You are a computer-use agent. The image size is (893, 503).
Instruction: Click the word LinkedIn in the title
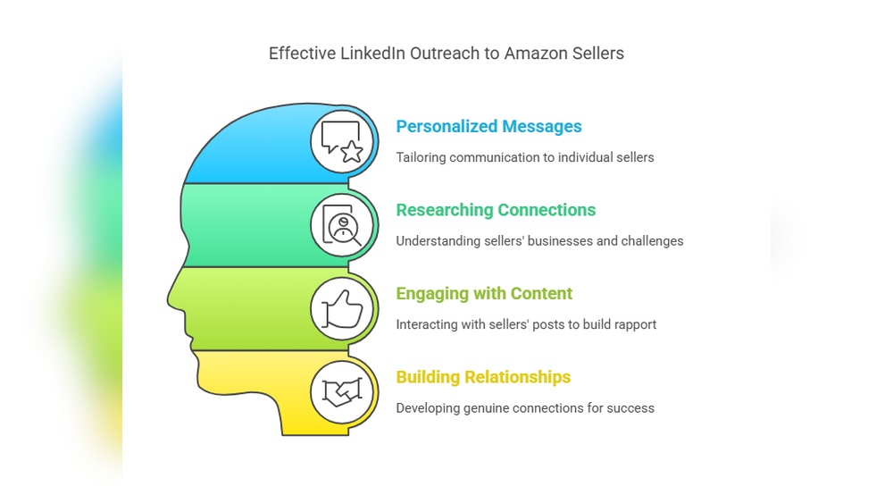tap(372, 54)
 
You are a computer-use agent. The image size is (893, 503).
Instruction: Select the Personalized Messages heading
tap(488, 127)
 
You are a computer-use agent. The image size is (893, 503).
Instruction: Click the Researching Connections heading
tap(496, 210)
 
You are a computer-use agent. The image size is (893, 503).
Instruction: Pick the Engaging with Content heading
tap(484, 294)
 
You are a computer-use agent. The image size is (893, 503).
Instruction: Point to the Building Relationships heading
tap(483, 377)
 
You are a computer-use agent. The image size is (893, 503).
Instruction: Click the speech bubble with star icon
tap(343, 141)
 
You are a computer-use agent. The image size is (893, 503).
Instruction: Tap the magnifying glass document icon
tap(343, 225)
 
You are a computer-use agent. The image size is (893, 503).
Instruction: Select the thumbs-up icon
tap(343, 308)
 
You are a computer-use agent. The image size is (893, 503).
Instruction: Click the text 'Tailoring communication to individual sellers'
tap(525, 157)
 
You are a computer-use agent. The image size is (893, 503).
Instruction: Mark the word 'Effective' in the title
tap(301, 54)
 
